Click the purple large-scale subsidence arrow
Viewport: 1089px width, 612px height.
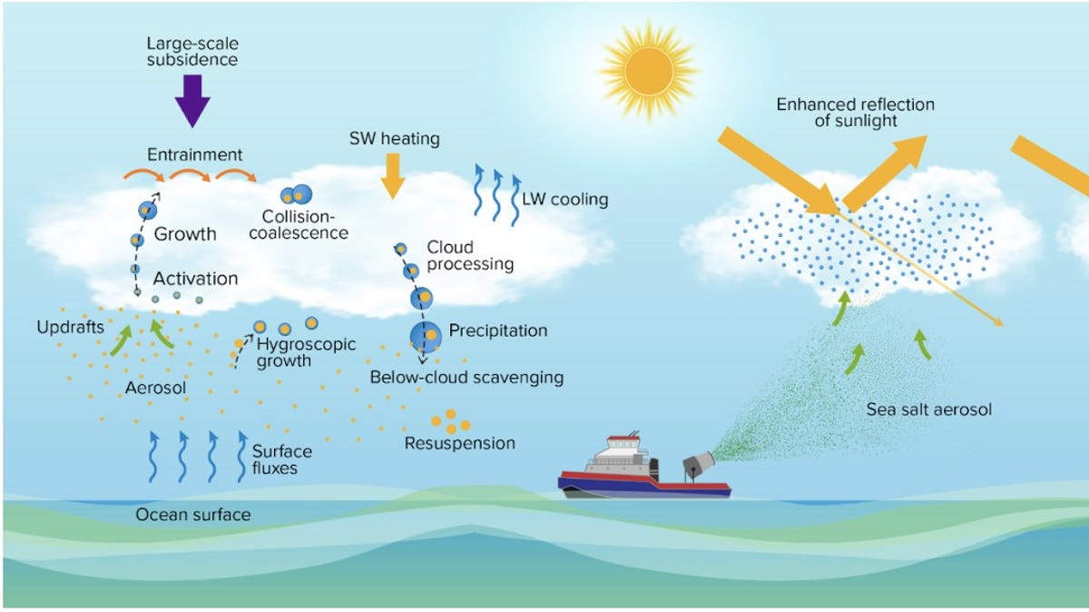(191, 99)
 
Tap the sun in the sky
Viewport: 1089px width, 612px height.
(648, 66)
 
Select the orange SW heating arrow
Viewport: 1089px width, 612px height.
(392, 175)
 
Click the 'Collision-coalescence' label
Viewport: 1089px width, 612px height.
(305, 224)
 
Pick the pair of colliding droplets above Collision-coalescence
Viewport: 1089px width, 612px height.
(296, 193)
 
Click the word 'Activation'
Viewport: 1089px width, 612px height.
(195, 278)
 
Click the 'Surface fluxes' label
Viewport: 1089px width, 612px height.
(281, 459)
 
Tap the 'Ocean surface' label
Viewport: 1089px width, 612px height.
(192, 515)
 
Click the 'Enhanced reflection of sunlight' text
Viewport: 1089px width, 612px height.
(855, 113)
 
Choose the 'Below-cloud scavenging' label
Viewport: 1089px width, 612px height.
(466, 376)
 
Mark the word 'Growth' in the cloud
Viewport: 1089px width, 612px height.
(185, 234)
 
